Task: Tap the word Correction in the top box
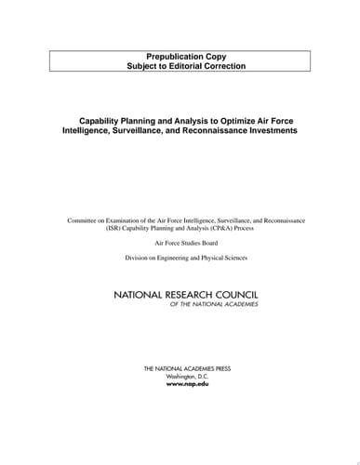coord(228,68)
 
